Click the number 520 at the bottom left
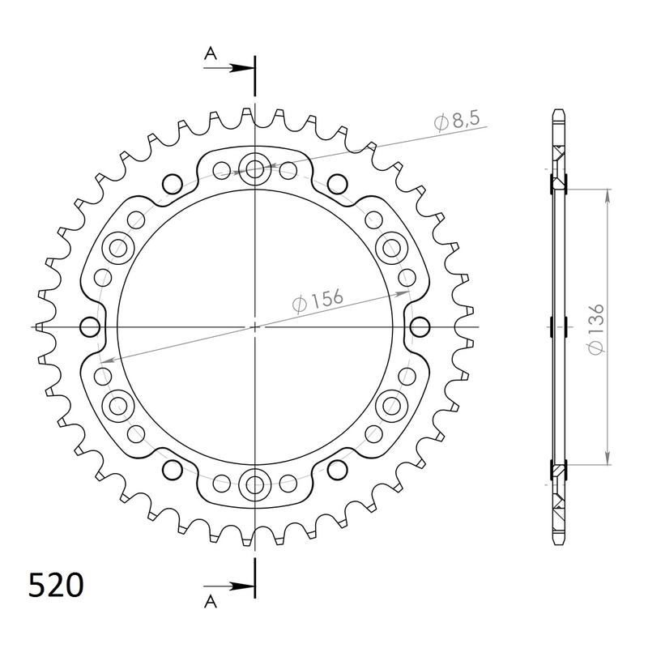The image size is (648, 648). pyautogui.click(x=55, y=585)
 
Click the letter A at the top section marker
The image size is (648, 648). pyautogui.click(x=210, y=53)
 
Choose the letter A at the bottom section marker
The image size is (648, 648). pyautogui.click(x=210, y=600)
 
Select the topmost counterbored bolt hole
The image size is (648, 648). pyautogui.click(x=255, y=169)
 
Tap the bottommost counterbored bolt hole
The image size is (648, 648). pyautogui.click(x=255, y=485)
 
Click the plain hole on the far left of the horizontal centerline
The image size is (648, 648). pyautogui.click(x=90, y=326)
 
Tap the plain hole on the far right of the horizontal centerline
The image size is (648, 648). pyautogui.click(x=420, y=326)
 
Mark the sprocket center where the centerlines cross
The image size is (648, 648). pyautogui.click(x=255, y=326)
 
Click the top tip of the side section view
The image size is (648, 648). pyautogui.click(x=557, y=111)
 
